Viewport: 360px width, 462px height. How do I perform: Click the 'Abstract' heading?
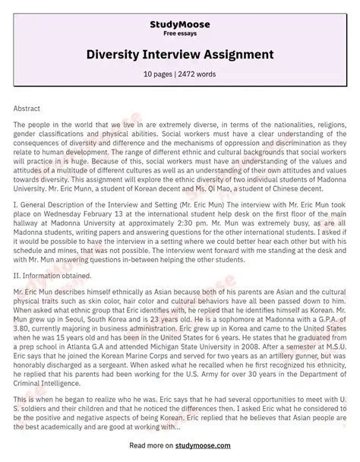(x=27, y=109)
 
